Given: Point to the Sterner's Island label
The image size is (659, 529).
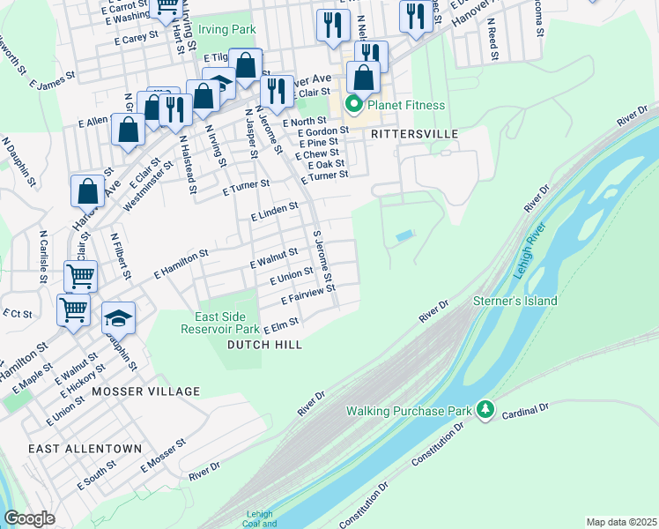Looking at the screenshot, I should (x=516, y=301).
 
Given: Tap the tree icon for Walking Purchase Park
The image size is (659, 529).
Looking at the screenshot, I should (x=484, y=410).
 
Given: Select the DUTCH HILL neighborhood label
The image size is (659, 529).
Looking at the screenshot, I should (x=264, y=345).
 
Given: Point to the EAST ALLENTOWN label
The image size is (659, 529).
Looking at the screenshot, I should (x=85, y=449).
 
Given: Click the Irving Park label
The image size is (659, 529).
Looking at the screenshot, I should (x=226, y=29).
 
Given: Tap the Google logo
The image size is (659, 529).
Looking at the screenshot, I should (x=29, y=518).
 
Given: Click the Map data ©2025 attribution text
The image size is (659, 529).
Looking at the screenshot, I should (x=621, y=522).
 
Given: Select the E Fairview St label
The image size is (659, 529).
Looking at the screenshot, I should (x=307, y=295).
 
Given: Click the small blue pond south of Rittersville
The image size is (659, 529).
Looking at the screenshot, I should (x=404, y=235).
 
